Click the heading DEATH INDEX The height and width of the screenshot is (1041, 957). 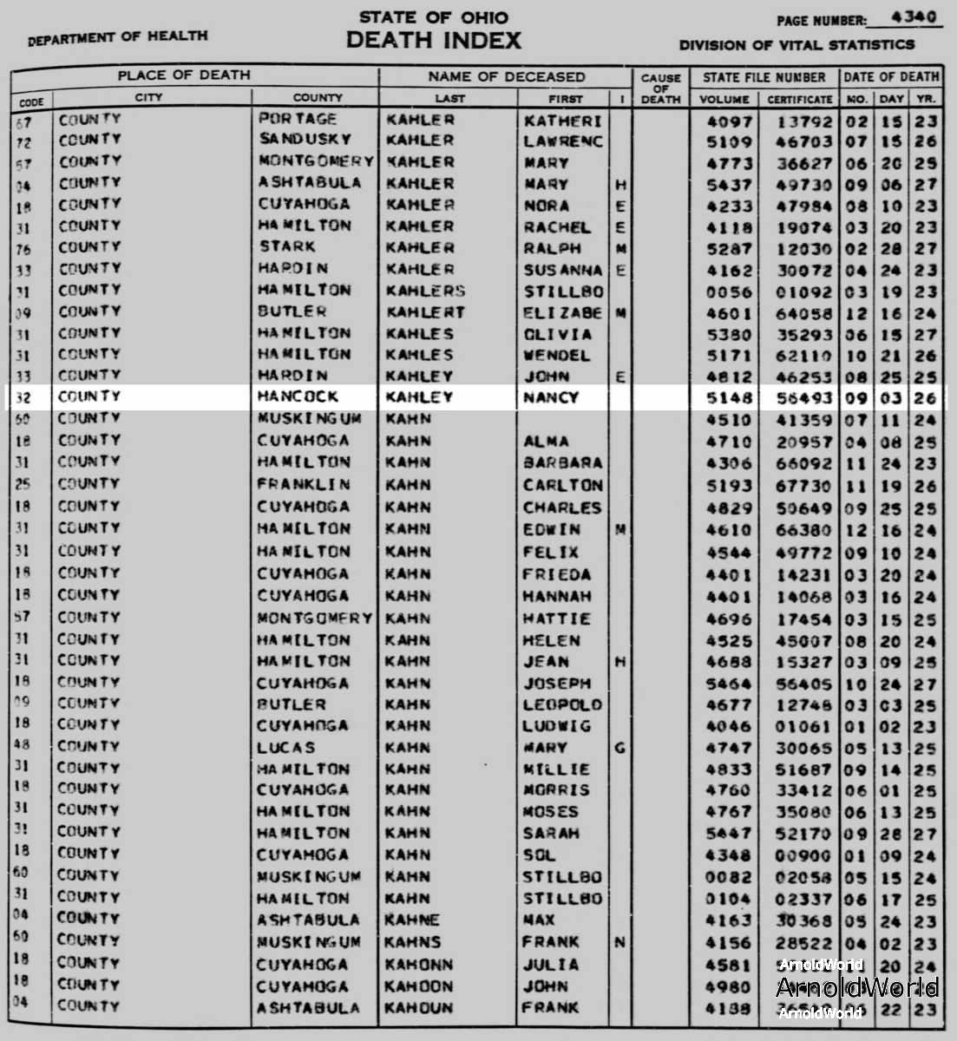(434, 40)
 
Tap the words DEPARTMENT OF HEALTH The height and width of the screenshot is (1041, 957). (118, 37)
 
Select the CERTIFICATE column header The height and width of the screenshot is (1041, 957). (799, 99)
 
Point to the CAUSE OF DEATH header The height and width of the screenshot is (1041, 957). (660, 88)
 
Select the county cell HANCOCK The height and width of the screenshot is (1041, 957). (298, 397)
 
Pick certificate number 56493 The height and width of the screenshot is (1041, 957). (799, 398)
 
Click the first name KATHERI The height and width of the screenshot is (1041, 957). (562, 121)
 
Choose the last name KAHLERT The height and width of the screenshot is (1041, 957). (425, 312)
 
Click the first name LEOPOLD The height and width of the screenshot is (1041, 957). (561, 704)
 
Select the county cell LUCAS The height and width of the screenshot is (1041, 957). (285, 748)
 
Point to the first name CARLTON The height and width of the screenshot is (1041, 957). (562, 485)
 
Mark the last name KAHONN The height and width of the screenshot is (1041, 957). (419, 964)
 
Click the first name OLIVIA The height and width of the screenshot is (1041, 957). (557, 334)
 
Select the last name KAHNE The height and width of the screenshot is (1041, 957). (413, 920)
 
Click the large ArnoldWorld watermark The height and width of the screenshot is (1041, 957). (856, 987)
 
